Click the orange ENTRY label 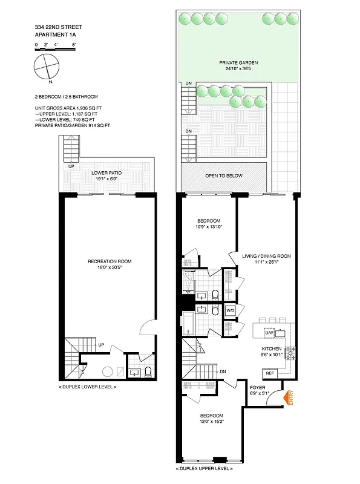pyautogui.click(x=290, y=399)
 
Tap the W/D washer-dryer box pyautogui.click(x=230, y=310)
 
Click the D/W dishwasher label pyautogui.click(x=268, y=333)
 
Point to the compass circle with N pyautogui.click(x=47, y=65)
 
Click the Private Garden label pyautogui.click(x=239, y=63)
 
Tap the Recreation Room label pyautogui.click(x=110, y=261)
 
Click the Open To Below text pyautogui.click(x=224, y=175)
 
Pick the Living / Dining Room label pyautogui.click(x=267, y=256)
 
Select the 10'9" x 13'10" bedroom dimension pyautogui.click(x=209, y=226)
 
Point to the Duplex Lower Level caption pyautogui.click(x=87, y=387)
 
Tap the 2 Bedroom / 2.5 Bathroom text pyautogui.click(x=67, y=96)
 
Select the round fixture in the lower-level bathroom pyautogui.click(x=107, y=371)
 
